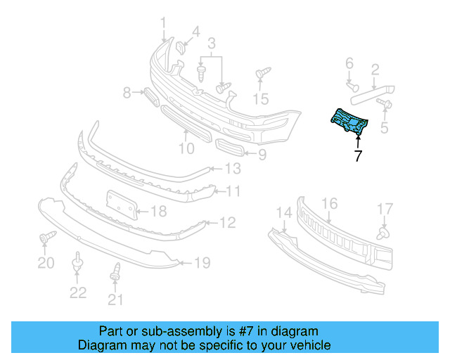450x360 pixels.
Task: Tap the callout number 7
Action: tap(358, 156)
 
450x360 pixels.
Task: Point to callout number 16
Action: tap(329, 203)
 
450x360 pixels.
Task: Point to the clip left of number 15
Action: tap(262, 74)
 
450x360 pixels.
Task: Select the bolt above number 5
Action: tap(385, 104)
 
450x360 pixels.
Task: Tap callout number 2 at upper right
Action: tap(375, 69)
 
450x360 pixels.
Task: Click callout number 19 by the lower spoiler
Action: tap(202, 264)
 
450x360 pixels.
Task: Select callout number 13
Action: tap(232, 169)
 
